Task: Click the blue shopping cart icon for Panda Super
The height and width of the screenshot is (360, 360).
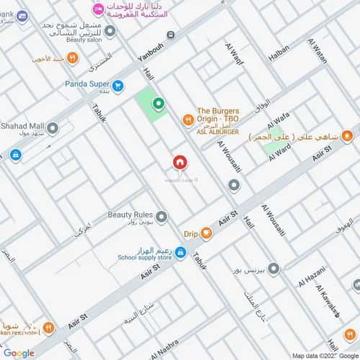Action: [118, 85]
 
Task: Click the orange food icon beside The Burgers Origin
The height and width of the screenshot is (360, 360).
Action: [187, 119]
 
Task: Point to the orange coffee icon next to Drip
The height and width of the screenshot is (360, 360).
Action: [207, 233]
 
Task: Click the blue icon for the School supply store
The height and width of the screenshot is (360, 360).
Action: [181, 253]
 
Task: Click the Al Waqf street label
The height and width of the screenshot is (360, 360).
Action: [235, 55]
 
